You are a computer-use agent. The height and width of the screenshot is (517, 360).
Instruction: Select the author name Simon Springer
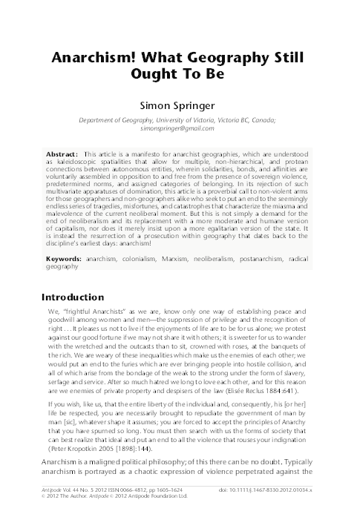pyautogui.click(x=180, y=107)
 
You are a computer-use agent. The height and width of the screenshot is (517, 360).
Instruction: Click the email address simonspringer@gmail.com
pyautogui.click(x=180, y=128)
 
